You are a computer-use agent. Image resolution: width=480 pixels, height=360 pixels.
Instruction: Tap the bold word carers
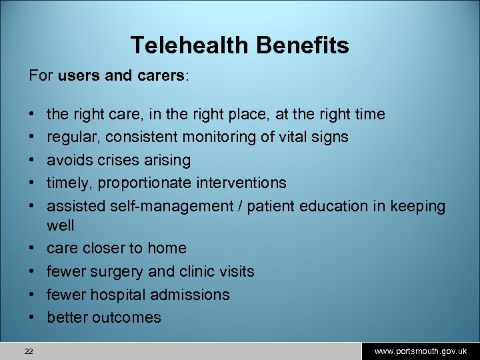coord(161,76)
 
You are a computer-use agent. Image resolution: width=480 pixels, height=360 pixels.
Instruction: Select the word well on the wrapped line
coord(60,225)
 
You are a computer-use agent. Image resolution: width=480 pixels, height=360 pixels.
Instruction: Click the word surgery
coord(115,271)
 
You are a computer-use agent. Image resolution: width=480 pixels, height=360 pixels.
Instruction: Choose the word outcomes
coord(126,317)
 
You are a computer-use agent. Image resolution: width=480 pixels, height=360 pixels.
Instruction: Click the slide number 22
coord(29,351)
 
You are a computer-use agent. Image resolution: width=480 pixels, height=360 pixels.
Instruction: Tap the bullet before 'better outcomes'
coord(33,317)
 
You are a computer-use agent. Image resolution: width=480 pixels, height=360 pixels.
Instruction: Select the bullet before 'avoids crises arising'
coord(33,160)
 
